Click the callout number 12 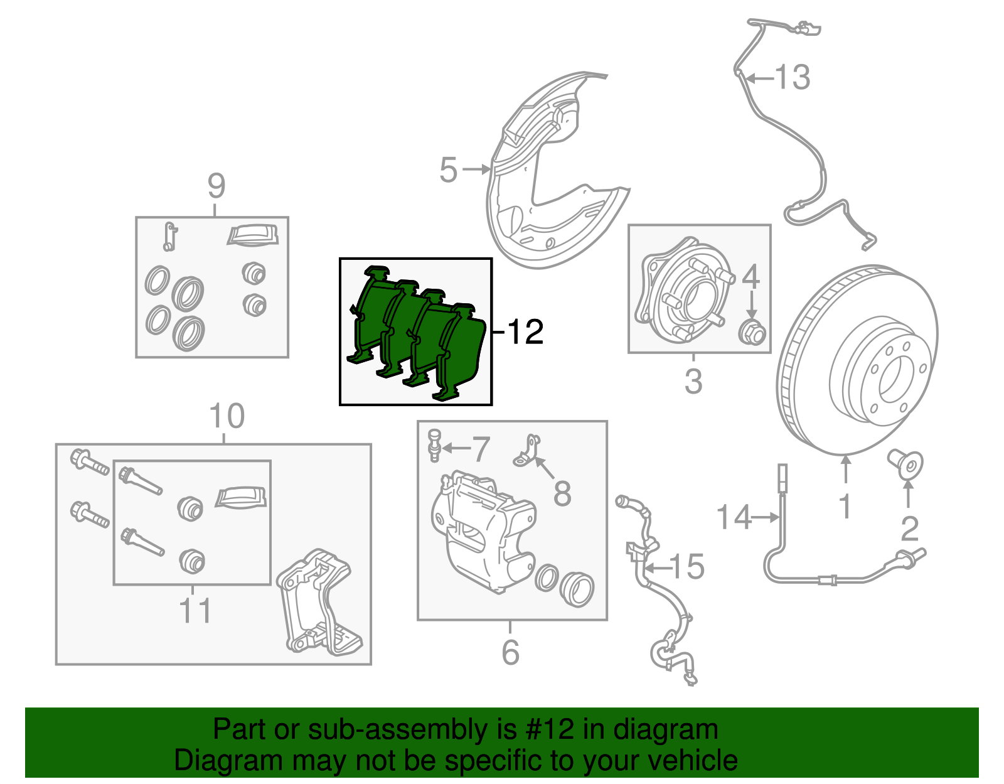[x=525, y=332]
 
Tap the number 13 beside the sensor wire [x=793, y=78]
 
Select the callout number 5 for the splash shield [x=448, y=170]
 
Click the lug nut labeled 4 [x=752, y=332]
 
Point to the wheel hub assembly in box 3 [x=684, y=289]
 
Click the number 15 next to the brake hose [x=688, y=567]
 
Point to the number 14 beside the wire [x=733, y=517]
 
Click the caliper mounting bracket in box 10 [x=317, y=603]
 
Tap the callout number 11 [x=195, y=610]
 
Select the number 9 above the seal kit [x=216, y=186]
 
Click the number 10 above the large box [x=226, y=416]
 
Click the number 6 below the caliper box [x=510, y=653]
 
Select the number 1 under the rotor [x=845, y=506]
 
